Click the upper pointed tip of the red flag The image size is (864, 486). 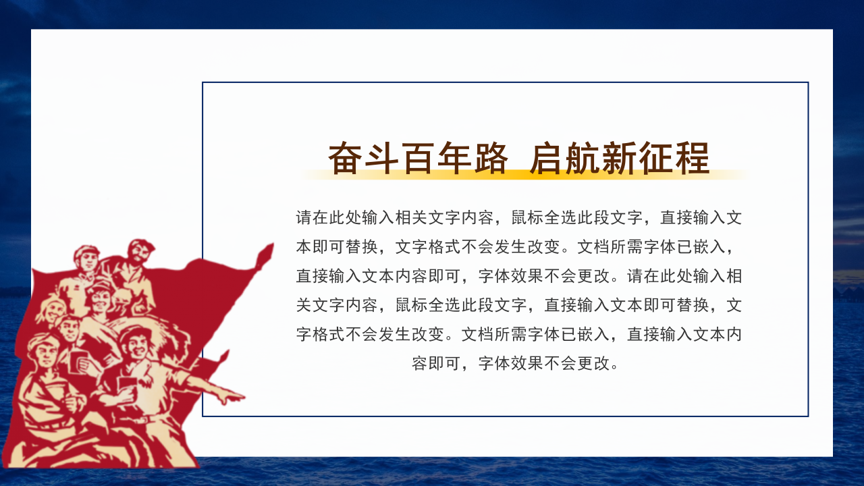pyautogui.click(x=269, y=250)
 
